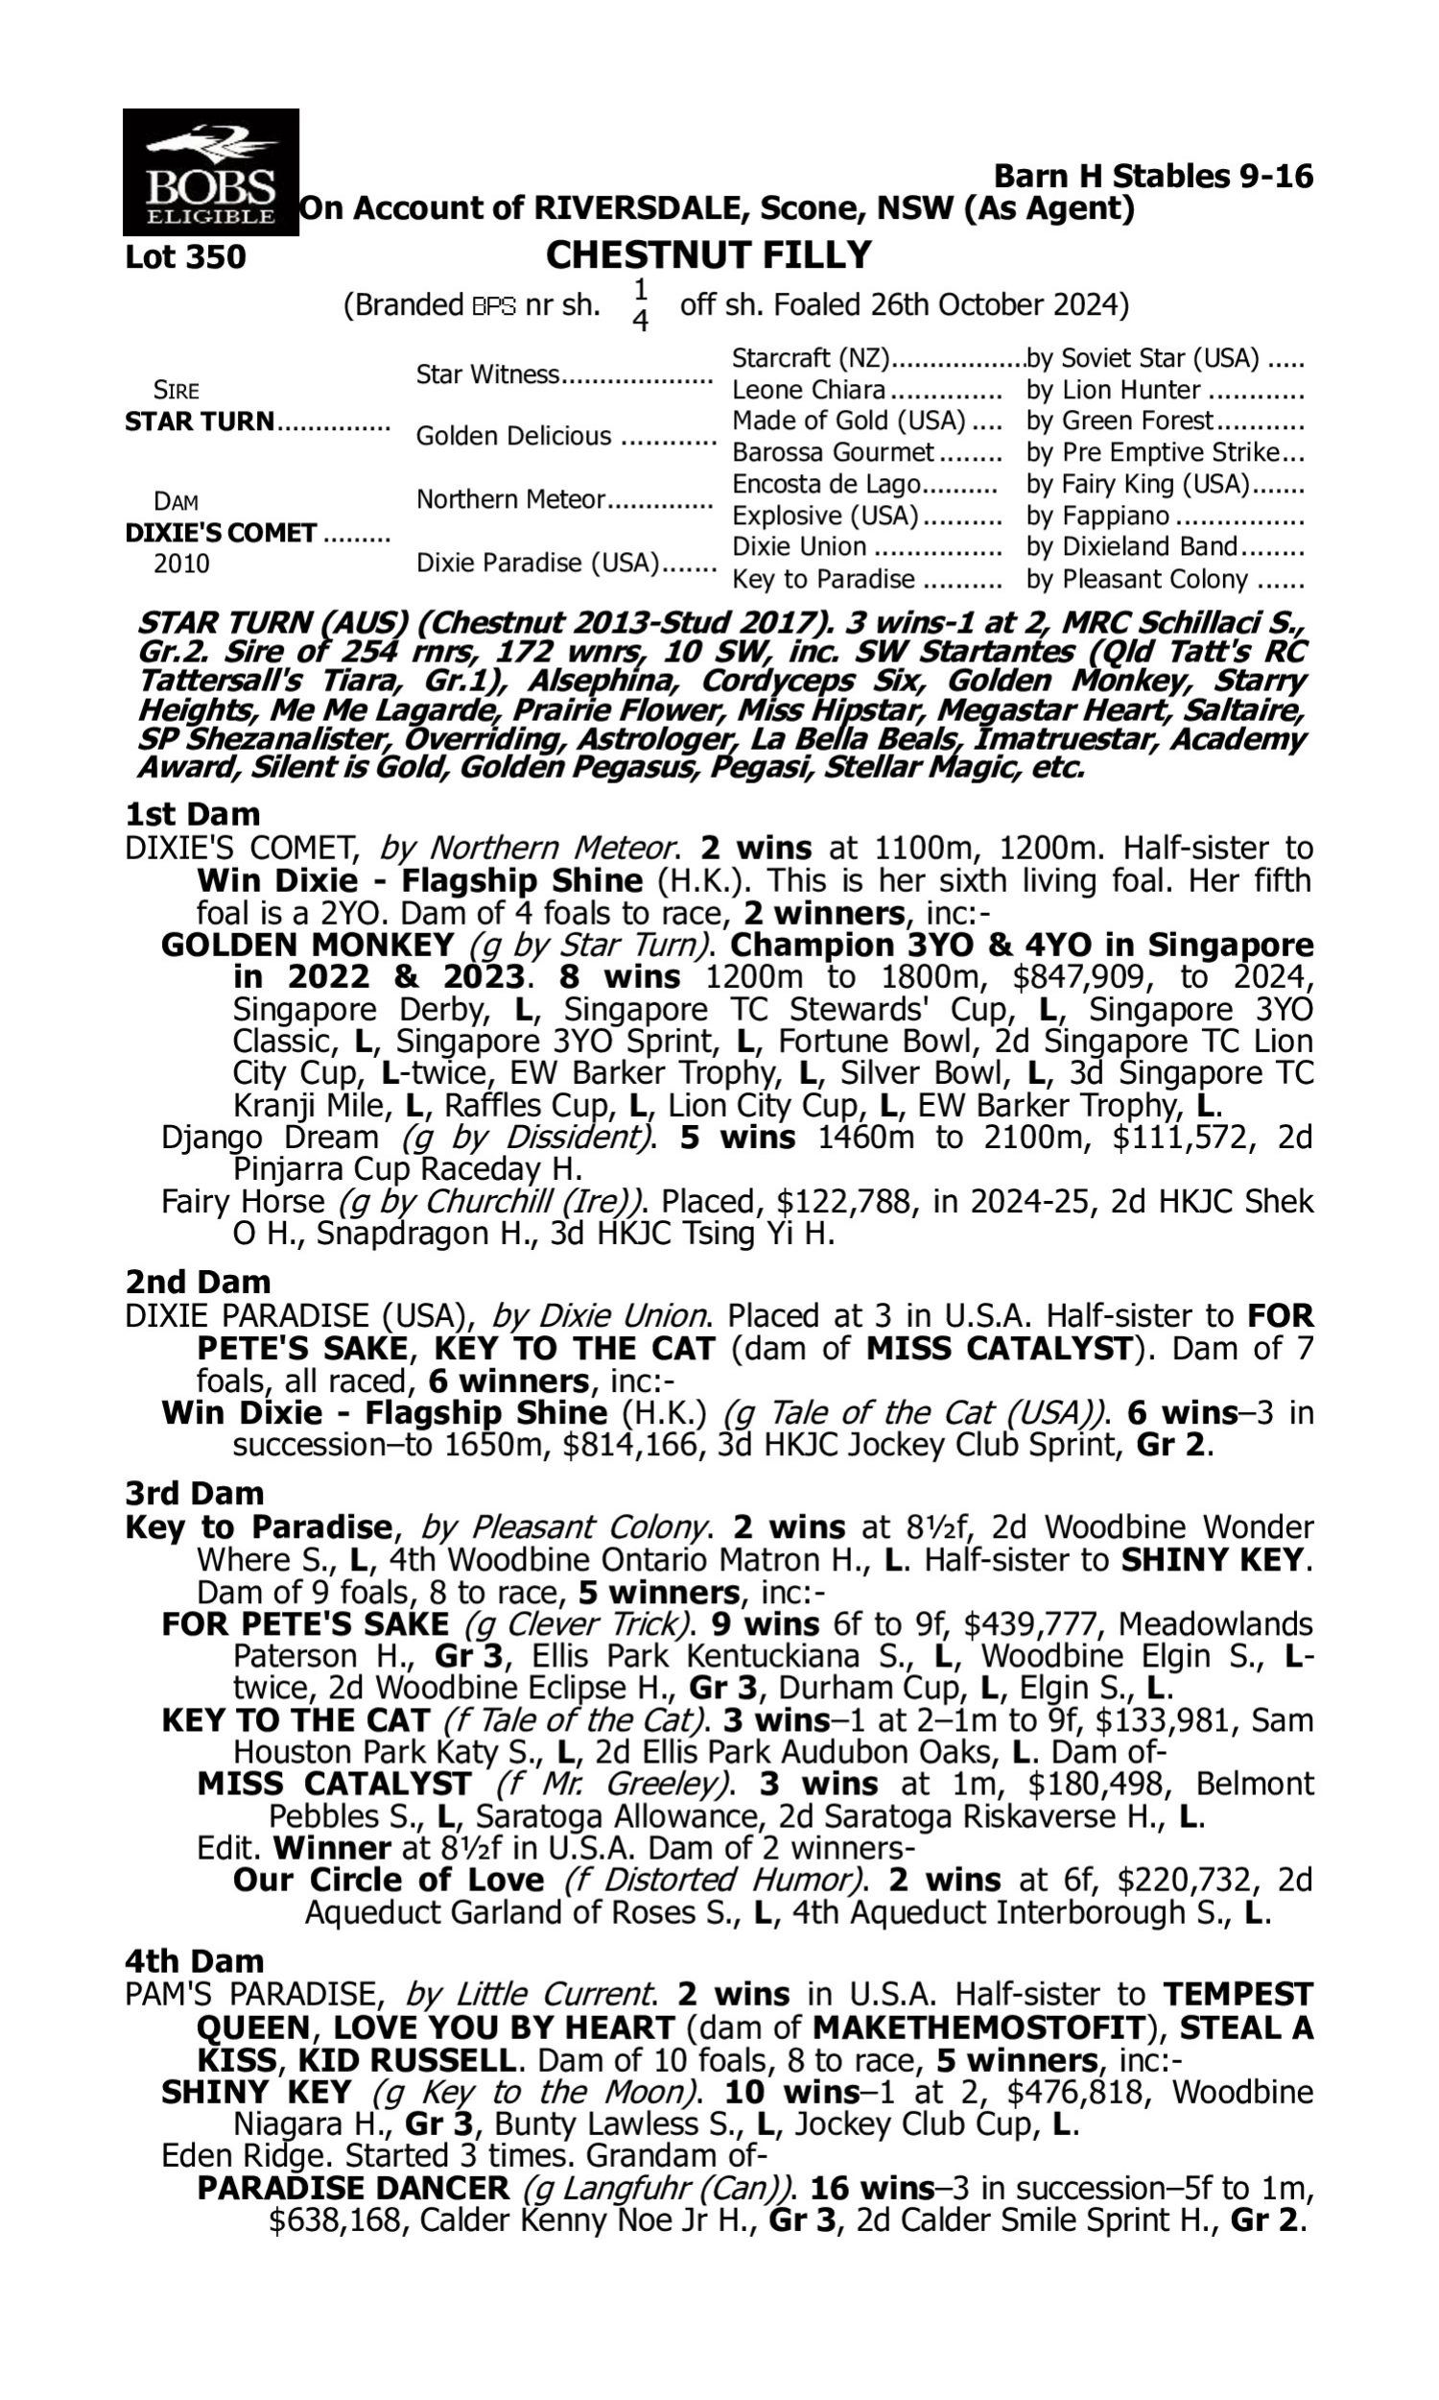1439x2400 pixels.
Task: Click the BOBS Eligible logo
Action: point(210,173)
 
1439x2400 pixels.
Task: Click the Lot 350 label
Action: point(185,257)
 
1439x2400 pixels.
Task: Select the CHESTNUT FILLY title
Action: point(708,255)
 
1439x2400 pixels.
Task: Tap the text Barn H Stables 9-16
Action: point(1153,176)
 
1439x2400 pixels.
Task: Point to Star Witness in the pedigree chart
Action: point(487,374)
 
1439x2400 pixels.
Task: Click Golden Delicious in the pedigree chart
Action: point(513,437)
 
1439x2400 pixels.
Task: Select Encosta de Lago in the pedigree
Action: point(826,484)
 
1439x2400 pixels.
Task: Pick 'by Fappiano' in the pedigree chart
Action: point(1097,516)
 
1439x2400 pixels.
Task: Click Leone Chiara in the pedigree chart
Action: point(809,390)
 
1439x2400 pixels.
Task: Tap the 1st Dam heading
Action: point(193,814)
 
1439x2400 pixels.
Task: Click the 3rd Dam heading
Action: point(194,1493)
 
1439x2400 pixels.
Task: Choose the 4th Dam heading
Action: point(194,1960)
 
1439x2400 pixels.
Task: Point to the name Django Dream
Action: point(270,1137)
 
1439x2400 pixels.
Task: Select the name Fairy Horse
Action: point(243,1202)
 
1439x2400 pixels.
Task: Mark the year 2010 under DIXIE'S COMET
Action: point(181,564)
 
